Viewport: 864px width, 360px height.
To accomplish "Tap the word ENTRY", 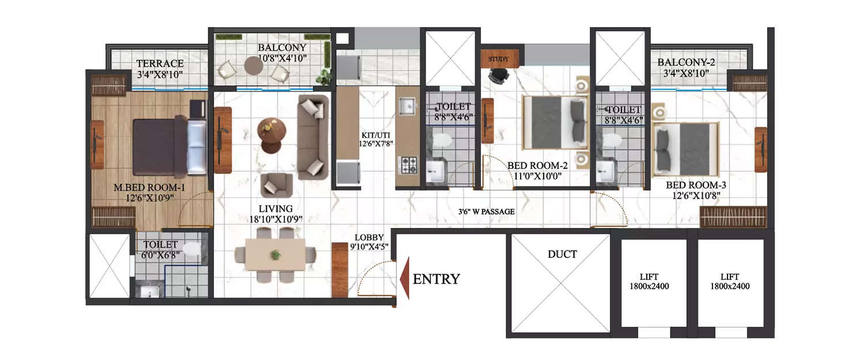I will coord(436,279).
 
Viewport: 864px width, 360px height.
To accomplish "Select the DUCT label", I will coord(562,254).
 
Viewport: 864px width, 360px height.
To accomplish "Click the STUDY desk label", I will coord(499,59).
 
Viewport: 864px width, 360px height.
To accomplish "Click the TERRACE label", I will coord(160,63).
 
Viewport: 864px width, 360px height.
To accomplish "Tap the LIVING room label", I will coord(275,209).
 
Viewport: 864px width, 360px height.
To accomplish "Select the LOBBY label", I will coord(369,237).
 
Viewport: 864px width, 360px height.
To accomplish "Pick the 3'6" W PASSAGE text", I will coord(486,211).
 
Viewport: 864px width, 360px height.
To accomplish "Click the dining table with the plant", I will coord(275,255).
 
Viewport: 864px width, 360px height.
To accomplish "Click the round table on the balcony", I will coord(253,66).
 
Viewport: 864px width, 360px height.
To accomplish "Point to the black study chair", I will coord(499,75).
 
